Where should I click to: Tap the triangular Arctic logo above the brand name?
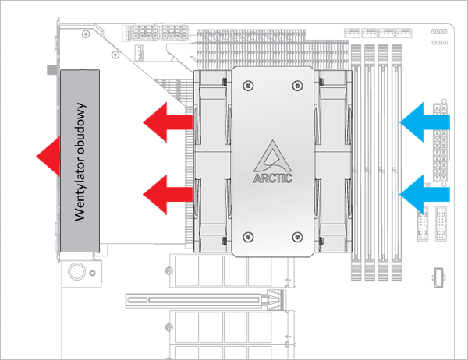[272, 154]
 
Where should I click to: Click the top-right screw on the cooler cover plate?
[296, 84]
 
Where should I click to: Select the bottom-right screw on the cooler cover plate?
[296, 235]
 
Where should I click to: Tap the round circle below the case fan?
[77, 271]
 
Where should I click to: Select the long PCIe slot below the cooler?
[195, 299]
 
